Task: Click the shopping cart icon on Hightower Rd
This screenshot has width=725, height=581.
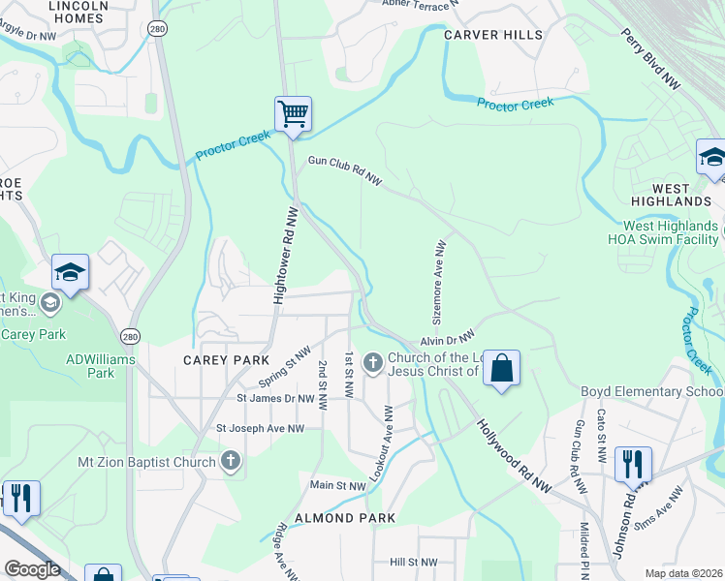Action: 293,114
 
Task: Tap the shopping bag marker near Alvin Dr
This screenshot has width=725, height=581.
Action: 501,369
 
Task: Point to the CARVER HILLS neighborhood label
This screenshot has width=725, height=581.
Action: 493,35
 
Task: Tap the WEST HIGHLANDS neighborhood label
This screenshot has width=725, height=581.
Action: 682,195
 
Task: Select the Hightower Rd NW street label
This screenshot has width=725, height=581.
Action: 283,255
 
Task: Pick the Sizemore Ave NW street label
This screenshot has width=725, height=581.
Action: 438,282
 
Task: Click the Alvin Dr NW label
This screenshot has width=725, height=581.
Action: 447,339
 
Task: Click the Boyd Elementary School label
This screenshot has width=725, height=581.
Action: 650,391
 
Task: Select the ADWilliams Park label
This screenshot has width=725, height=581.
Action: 101,366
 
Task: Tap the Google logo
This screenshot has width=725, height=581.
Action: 32,568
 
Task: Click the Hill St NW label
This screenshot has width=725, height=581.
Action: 414,562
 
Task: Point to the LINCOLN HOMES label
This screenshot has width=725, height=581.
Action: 76,11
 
